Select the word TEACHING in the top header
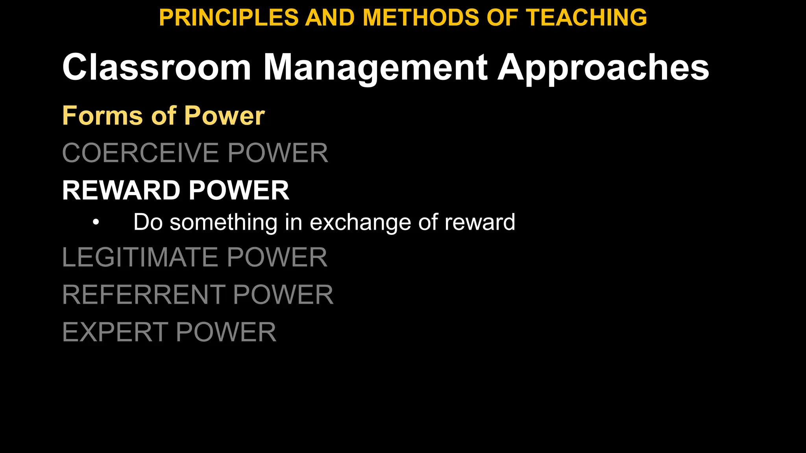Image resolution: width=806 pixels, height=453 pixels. pyautogui.click(x=586, y=18)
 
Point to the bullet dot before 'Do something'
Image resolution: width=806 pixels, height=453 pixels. pyautogui.click(x=96, y=223)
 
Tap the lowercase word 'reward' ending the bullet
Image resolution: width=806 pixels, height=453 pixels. pyautogui.click(x=480, y=222)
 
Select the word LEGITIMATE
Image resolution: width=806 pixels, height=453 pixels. pyautogui.click(x=140, y=257)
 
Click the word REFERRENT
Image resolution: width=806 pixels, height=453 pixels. pyautogui.click(x=143, y=295)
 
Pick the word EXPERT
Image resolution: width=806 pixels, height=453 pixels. pyautogui.click(x=115, y=332)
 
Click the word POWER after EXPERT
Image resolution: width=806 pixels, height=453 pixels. pyautogui.click(x=226, y=332)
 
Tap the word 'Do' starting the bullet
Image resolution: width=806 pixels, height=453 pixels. pyautogui.click(x=148, y=222)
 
